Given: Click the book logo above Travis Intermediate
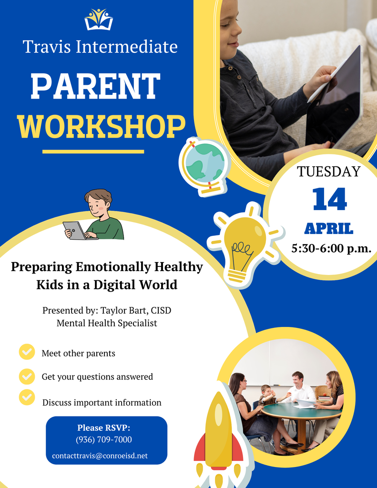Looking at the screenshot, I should (99, 20).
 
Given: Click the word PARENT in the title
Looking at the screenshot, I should (95, 86).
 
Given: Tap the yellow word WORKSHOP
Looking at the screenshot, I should (101, 126).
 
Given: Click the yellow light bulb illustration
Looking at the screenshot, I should (245, 245).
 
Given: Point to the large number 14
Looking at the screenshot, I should (329, 199).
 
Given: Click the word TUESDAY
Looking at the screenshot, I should (329, 172).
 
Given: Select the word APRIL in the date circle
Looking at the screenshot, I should (329, 229).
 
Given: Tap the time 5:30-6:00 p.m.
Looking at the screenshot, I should (331, 248).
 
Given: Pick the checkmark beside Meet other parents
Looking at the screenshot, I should (27, 352).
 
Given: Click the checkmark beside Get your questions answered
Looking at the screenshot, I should (27, 376).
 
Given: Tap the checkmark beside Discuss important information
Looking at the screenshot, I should (27, 396).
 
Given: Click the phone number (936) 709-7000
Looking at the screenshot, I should (104, 439).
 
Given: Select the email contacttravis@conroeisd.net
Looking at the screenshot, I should (100, 456).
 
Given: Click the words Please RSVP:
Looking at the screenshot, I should (104, 427).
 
